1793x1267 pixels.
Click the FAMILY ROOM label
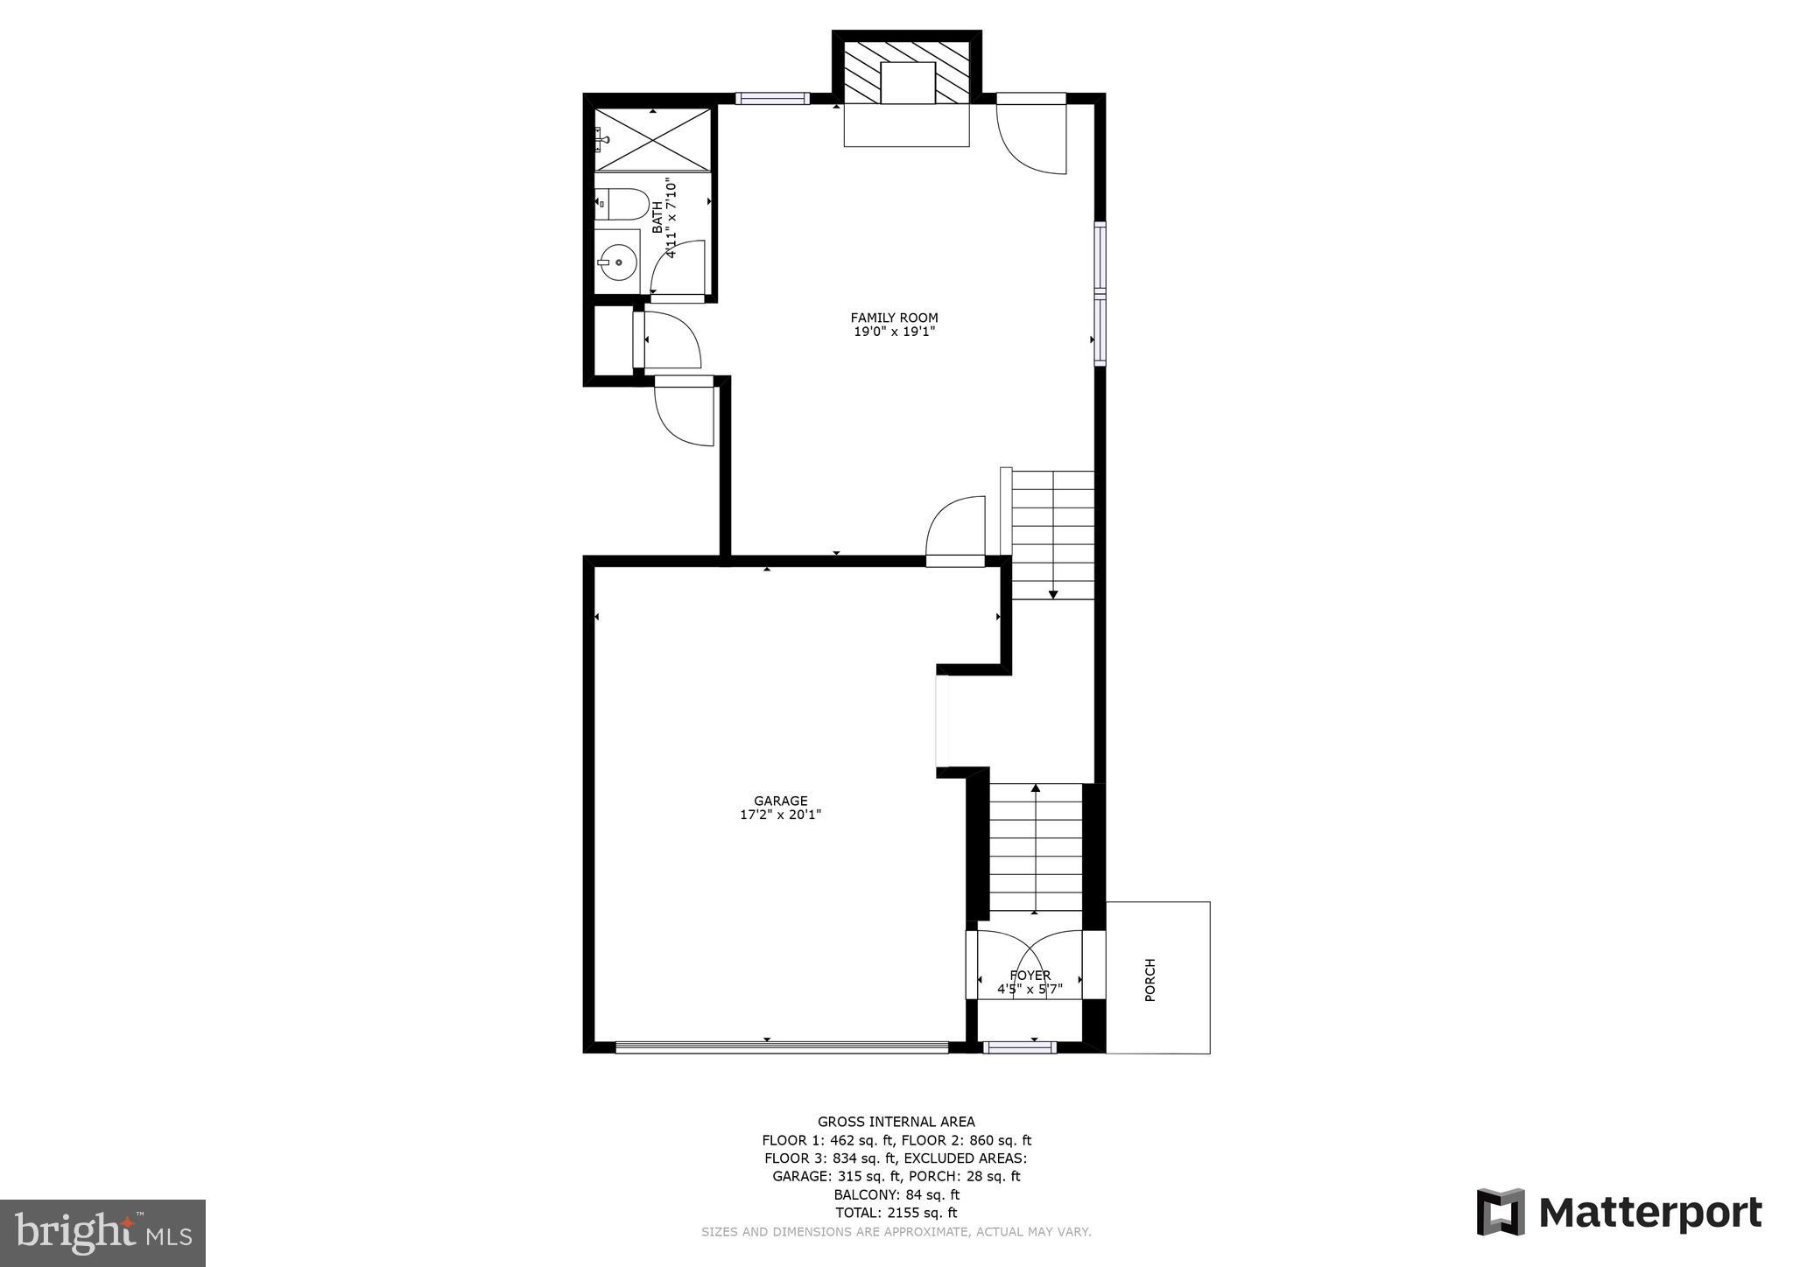(x=894, y=318)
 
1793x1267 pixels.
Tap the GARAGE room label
(x=780, y=801)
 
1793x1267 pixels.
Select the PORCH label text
(x=1150, y=979)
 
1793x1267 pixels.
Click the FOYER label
(x=1030, y=976)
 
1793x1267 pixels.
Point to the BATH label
(x=657, y=218)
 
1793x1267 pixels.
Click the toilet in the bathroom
(x=623, y=204)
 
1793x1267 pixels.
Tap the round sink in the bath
(x=618, y=261)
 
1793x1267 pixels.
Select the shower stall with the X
(x=653, y=139)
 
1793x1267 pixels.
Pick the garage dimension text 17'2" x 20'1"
(x=780, y=815)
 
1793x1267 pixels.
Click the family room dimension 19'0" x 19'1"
(x=894, y=332)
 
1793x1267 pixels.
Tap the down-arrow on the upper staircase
(x=1053, y=594)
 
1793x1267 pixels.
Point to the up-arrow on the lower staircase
(x=1036, y=788)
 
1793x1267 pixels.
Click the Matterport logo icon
(x=1501, y=1212)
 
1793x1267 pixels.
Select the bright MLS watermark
(x=102, y=1233)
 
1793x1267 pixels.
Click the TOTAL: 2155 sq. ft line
(x=896, y=1213)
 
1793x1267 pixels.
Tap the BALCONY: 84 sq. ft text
(x=896, y=1194)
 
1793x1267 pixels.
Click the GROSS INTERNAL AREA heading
(x=896, y=1122)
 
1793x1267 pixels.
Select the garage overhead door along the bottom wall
(x=781, y=1046)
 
